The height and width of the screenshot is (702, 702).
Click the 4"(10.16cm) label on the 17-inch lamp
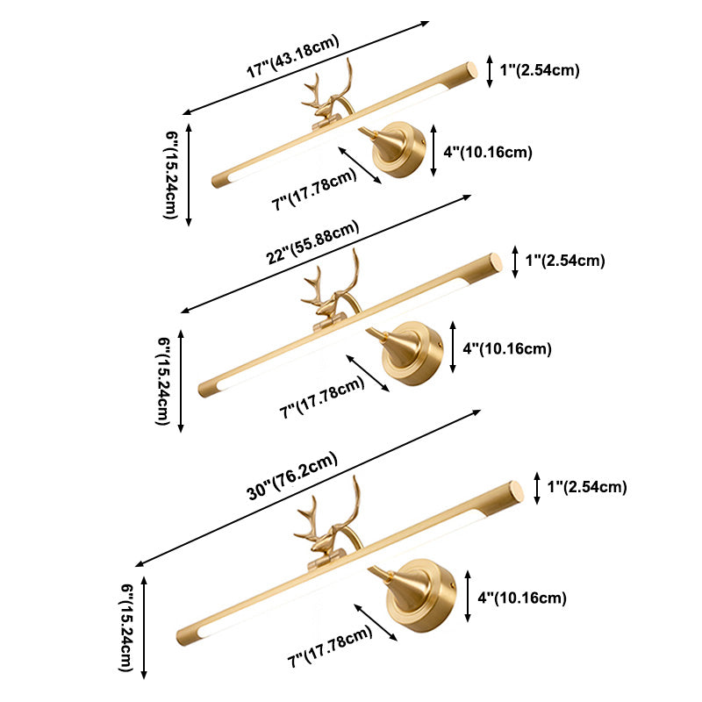pos(487,153)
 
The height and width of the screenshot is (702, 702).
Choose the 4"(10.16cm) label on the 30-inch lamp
pos(521,598)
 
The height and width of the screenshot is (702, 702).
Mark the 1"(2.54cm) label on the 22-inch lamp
pos(565,261)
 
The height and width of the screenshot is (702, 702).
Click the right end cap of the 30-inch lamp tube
pos(515,492)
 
